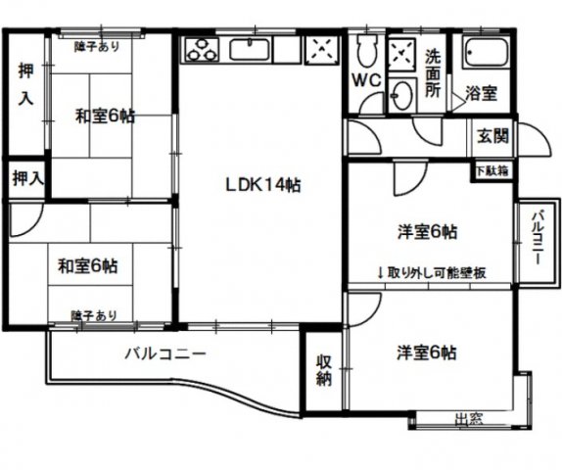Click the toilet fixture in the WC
click(x=366, y=50)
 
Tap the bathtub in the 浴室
click(x=487, y=52)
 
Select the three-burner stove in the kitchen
click(x=201, y=50)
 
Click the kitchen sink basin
click(x=250, y=50)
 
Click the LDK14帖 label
click(x=262, y=185)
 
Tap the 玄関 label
click(x=492, y=136)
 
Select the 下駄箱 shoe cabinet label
click(x=492, y=171)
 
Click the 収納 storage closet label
click(x=324, y=370)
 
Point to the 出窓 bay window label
click(x=469, y=419)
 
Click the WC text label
click(x=366, y=80)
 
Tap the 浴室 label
click(x=482, y=93)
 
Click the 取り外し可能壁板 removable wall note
click(x=432, y=273)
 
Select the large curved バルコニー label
click(x=165, y=354)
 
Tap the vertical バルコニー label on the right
click(x=538, y=237)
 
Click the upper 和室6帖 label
click(x=105, y=117)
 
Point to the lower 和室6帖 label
click(x=88, y=266)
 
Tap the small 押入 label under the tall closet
click(x=28, y=178)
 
